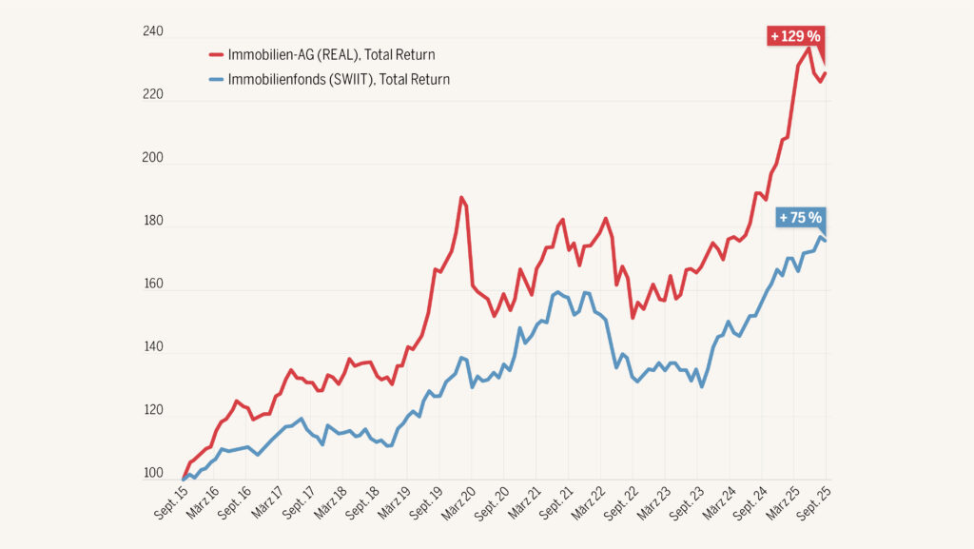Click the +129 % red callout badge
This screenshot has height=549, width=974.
point(794,36)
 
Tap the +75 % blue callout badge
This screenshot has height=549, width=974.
point(800,217)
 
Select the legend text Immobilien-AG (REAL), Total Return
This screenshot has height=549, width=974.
point(331,54)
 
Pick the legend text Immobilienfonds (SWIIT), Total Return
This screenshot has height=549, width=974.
point(339,79)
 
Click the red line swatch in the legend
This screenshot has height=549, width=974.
point(215,54)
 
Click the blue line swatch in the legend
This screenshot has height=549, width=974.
point(215,79)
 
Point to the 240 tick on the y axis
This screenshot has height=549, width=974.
point(153,32)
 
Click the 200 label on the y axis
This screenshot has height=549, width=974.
point(153,159)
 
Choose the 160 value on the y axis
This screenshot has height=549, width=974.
point(153,285)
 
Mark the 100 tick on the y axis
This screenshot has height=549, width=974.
point(153,474)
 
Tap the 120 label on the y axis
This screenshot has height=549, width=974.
point(153,412)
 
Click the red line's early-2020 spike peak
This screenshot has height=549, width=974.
point(461,198)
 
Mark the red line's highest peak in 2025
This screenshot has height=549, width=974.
point(808,48)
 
